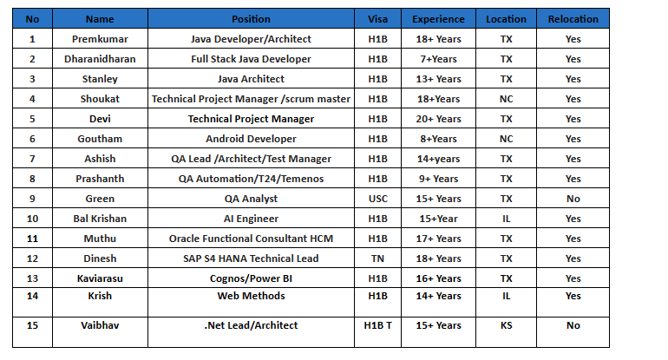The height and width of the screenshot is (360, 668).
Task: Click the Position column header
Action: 251,18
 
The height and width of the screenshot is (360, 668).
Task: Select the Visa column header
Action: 377,18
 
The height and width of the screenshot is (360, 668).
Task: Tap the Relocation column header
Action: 573,18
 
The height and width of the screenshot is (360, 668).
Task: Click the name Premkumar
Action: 100,39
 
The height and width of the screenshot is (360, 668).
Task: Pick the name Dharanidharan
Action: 100,59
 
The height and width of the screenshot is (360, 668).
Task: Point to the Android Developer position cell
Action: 251,139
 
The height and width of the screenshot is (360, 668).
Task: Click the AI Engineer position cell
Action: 251,219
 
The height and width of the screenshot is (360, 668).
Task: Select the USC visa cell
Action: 377,199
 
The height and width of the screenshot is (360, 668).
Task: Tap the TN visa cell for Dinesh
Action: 377,259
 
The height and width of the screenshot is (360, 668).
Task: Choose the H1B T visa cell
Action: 377,325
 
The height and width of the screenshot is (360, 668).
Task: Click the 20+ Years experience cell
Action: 436,119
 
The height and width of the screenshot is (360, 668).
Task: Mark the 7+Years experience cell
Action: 436,59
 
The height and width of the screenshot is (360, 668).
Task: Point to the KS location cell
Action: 506,325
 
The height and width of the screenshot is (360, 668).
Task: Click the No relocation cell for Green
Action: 573,199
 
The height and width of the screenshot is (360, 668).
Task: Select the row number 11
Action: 32,239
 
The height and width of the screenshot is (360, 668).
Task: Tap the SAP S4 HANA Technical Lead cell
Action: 251,259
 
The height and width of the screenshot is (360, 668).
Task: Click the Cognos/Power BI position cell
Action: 251,278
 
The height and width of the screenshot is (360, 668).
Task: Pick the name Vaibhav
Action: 100,325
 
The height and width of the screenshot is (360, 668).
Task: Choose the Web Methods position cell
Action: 251,296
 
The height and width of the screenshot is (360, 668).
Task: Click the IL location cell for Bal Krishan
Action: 506,219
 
